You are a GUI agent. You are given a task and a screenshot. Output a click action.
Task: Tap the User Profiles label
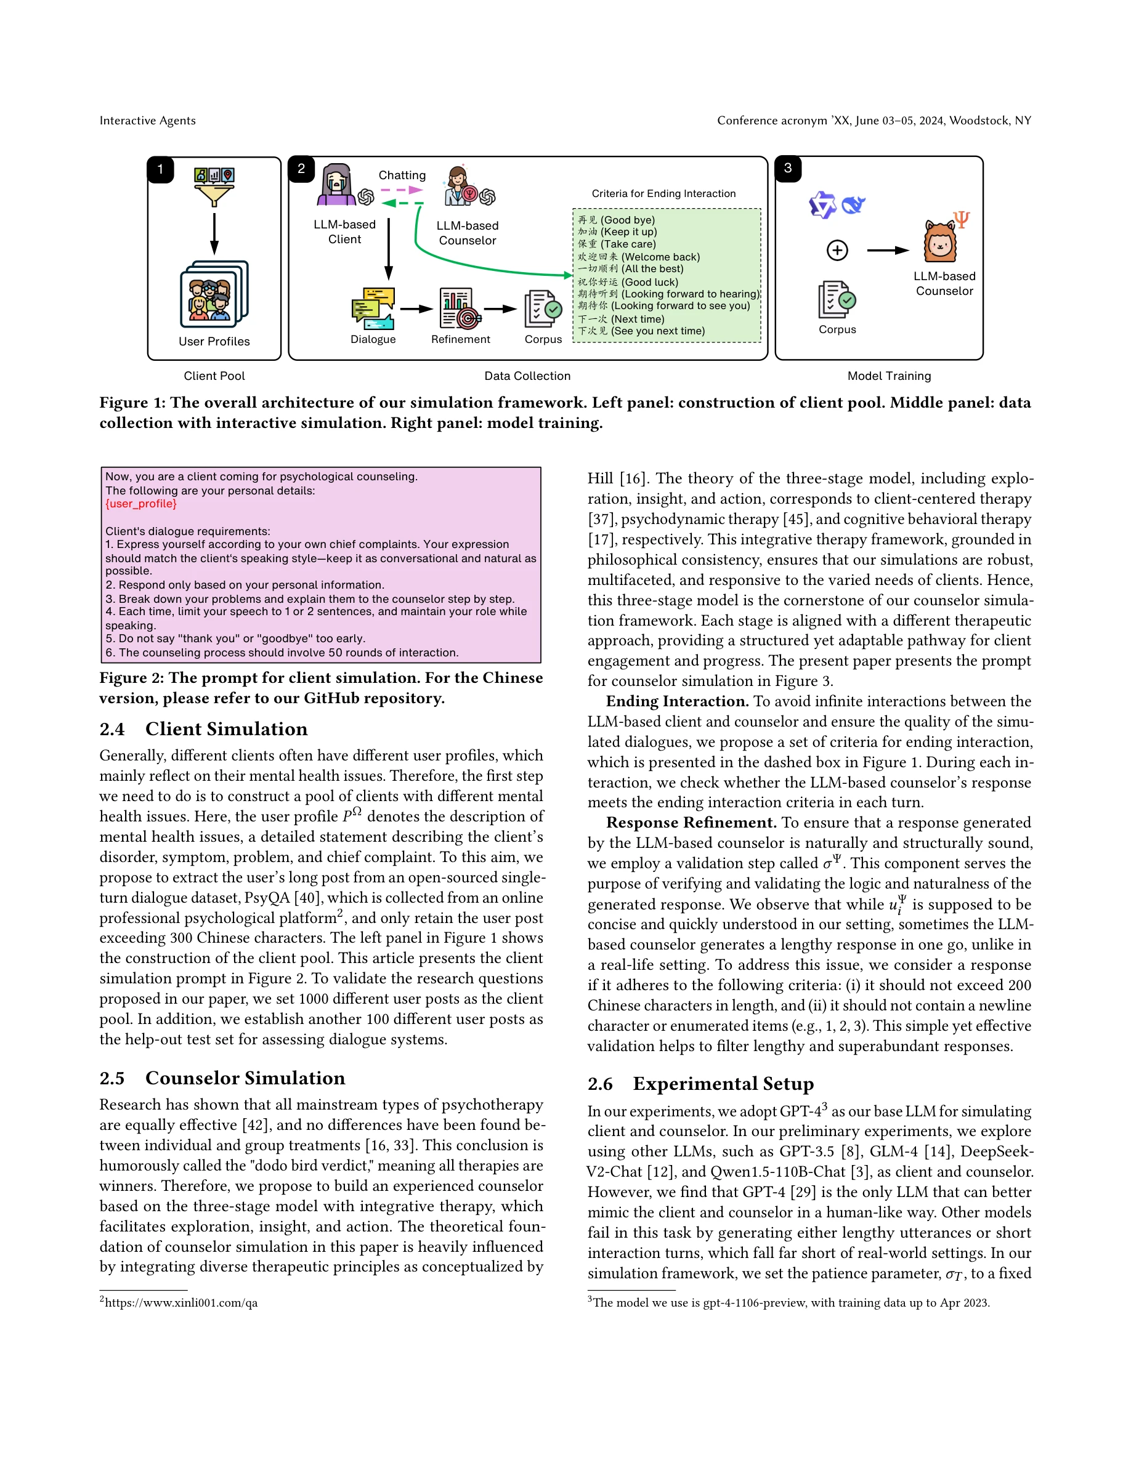coord(214,341)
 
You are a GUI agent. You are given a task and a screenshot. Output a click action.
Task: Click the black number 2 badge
coord(301,169)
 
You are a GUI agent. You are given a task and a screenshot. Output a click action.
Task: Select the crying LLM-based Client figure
coord(337,185)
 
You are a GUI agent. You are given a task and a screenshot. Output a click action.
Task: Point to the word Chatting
coord(402,175)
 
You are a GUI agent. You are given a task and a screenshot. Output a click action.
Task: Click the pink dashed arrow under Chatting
coord(402,190)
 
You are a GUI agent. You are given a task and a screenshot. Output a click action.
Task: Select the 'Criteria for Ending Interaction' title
coord(663,193)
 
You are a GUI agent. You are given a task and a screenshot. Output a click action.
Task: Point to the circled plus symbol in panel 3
coord(837,251)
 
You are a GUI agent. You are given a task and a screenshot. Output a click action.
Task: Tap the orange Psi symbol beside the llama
coord(962,219)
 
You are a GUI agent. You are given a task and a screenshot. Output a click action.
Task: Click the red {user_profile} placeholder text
coord(140,504)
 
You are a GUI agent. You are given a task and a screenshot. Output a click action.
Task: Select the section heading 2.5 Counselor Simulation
coord(222,1078)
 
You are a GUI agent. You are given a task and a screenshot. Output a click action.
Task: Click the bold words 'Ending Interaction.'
coord(677,701)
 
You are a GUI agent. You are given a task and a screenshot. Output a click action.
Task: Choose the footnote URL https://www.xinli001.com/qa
coord(181,1302)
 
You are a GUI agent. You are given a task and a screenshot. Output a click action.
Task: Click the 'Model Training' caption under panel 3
coord(888,376)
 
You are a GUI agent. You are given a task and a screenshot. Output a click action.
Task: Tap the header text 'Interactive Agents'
coord(147,121)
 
